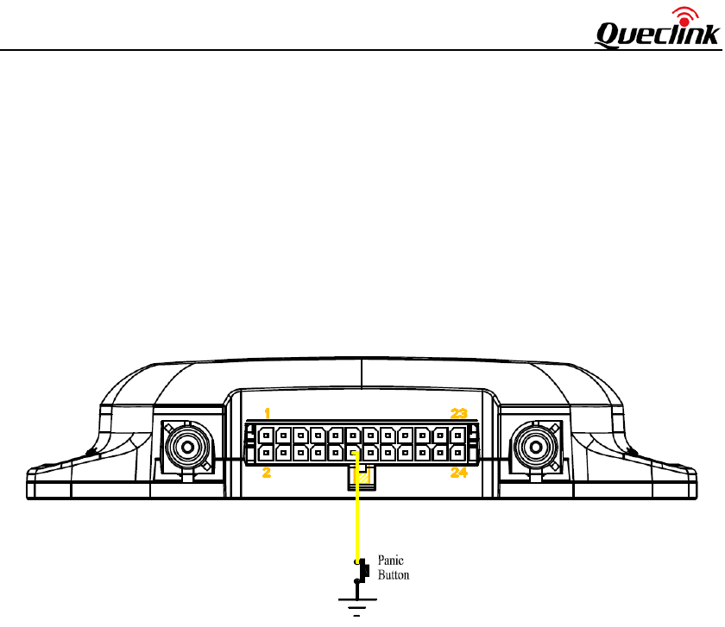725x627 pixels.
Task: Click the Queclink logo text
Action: tap(657, 34)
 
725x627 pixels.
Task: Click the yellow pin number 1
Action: tap(268, 412)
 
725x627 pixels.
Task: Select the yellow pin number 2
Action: tap(268, 472)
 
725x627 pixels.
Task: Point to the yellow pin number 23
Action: tap(457, 413)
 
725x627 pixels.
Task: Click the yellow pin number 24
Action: tap(457, 472)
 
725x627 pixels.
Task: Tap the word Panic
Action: tap(392, 561)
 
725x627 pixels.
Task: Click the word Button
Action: tap(394, 575)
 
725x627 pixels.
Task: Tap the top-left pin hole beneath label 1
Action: tap(266, 435)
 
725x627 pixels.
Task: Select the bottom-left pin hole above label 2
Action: tap(266, 452)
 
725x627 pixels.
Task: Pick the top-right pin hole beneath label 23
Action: tap(457, 435)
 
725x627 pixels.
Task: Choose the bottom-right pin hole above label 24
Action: tap(457, 452)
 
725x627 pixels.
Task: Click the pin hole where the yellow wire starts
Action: tap(353, 452)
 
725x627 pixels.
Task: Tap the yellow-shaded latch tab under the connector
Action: tap(363, 477)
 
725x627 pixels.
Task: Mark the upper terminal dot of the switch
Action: tap(356, 561)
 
